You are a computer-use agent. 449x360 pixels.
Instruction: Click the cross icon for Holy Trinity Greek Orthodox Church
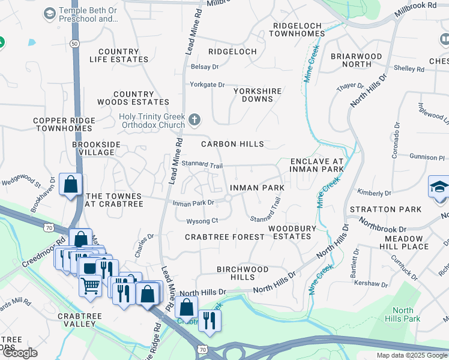(x=194, y=120)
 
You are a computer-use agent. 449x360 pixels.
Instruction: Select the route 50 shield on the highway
(x=74, y=44)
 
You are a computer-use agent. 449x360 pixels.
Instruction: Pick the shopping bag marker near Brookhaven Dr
(x=70, y=185)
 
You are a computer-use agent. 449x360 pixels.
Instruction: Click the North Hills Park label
(x=403, y=314)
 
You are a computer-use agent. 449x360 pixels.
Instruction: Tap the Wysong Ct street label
(x=202, y=221)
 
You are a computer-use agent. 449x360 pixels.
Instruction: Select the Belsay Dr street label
(x=205, y=67)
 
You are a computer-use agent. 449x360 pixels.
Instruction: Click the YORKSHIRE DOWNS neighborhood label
(x=258, y=95)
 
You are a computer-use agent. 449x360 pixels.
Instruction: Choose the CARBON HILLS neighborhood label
(x=232, y=144)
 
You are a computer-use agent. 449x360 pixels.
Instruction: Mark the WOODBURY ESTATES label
(x=290, y=232)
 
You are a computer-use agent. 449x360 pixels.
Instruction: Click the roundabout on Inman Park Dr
(x=228, y=199)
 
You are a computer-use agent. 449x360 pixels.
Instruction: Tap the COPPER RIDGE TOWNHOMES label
(x=64, y=124)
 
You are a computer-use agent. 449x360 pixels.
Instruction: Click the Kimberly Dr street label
(x=374, y=193)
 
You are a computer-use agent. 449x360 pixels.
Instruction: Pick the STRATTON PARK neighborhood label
(x=381, y=209)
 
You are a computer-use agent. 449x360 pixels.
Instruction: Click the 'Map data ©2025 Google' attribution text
(x=411, y=355)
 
